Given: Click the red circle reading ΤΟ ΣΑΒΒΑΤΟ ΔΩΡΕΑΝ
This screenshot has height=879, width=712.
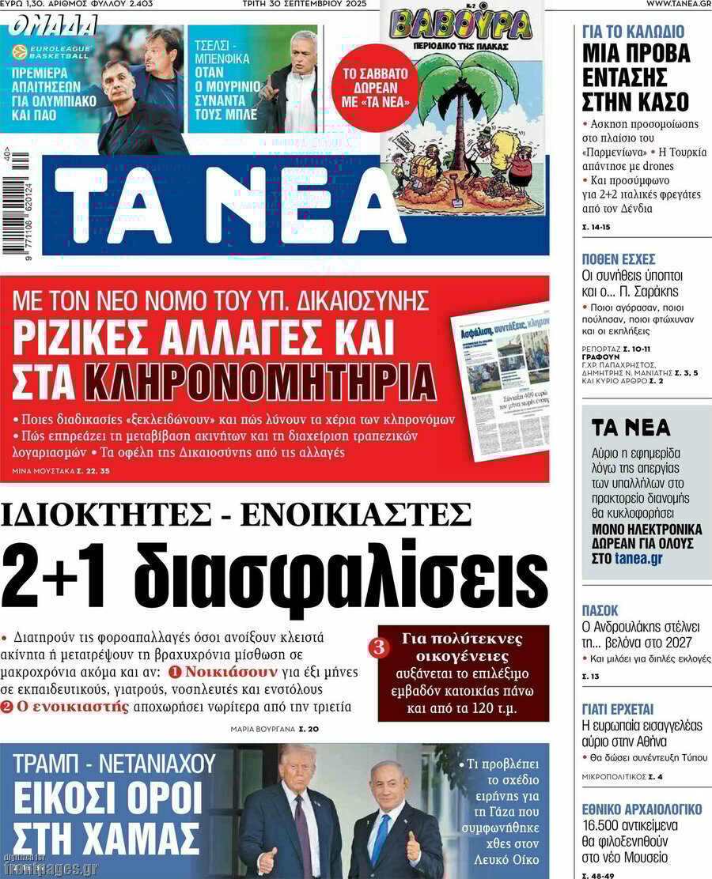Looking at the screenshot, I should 374,88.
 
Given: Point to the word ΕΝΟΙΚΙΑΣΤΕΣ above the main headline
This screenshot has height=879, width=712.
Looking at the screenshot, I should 355,515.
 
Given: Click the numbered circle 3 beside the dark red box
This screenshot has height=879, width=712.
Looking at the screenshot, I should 379,648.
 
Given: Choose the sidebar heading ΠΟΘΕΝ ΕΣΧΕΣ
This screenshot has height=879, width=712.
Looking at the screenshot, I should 618,259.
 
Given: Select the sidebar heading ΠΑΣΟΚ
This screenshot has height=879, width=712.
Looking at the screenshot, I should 600,610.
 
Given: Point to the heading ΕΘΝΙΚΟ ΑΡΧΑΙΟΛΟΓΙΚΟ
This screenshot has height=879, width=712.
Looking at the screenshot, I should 642,809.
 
